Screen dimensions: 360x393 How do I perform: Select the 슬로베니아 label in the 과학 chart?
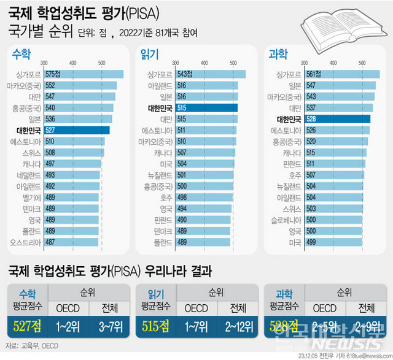point(284,220)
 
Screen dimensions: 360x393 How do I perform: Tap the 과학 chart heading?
point(278,54)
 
